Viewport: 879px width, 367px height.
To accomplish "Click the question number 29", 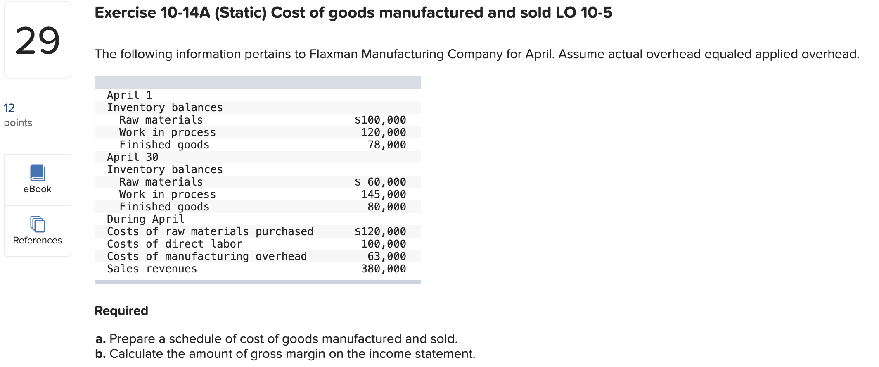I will (37, 41).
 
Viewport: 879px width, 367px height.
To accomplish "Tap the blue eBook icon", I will (37, 173).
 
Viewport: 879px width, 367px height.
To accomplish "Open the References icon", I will (37, 224).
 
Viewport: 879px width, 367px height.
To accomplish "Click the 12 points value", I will (9, 108).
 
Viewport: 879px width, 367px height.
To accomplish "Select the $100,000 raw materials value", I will (380, 120).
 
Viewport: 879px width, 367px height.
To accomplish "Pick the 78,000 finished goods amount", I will (386, 145).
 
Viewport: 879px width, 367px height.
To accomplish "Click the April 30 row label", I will (133, 157).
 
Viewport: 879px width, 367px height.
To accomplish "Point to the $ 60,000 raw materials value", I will (380, 182).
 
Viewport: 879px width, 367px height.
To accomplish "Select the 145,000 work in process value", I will (383, 194).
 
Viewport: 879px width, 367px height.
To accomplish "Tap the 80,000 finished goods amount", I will (386, 207).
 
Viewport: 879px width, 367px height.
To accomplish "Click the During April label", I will (145, 219).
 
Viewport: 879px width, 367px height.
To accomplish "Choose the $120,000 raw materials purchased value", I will (380, 231).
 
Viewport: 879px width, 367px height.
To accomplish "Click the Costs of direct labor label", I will (175, 244).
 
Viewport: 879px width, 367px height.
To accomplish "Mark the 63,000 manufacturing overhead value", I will (386, 256).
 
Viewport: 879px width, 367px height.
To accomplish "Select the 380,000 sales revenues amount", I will (383, 269).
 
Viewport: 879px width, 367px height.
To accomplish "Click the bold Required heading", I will (121, 311).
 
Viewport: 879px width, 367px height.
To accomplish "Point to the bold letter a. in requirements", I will (100, 339).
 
